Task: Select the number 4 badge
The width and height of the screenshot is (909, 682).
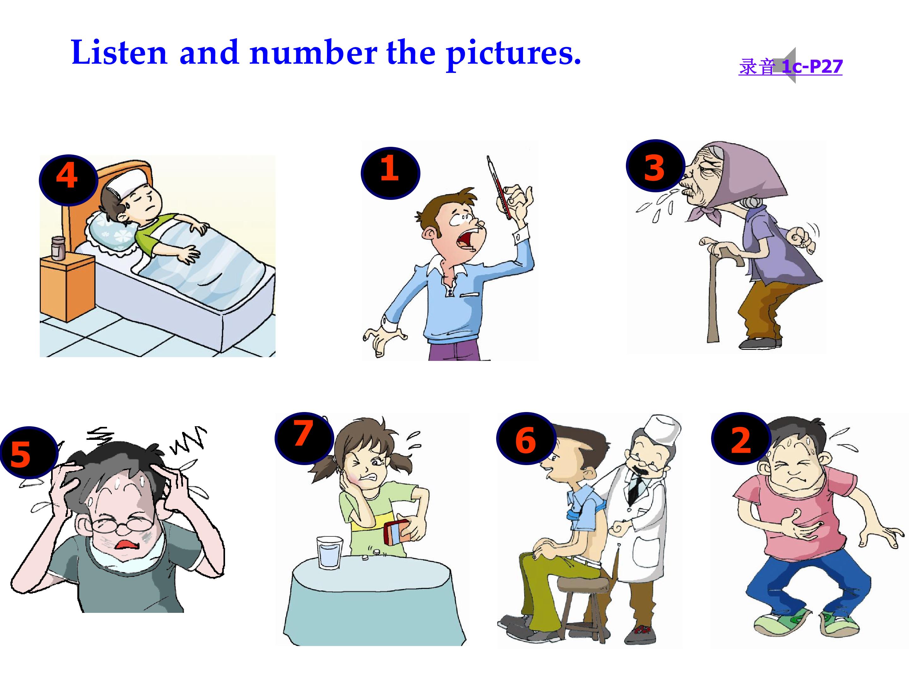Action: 68,180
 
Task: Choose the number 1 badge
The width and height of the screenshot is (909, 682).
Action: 390,173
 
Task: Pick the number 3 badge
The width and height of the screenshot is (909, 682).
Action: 655,166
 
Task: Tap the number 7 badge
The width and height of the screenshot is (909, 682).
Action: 304,439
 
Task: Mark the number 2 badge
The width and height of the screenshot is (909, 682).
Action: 740,439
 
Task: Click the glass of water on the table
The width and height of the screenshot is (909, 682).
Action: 329,553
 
